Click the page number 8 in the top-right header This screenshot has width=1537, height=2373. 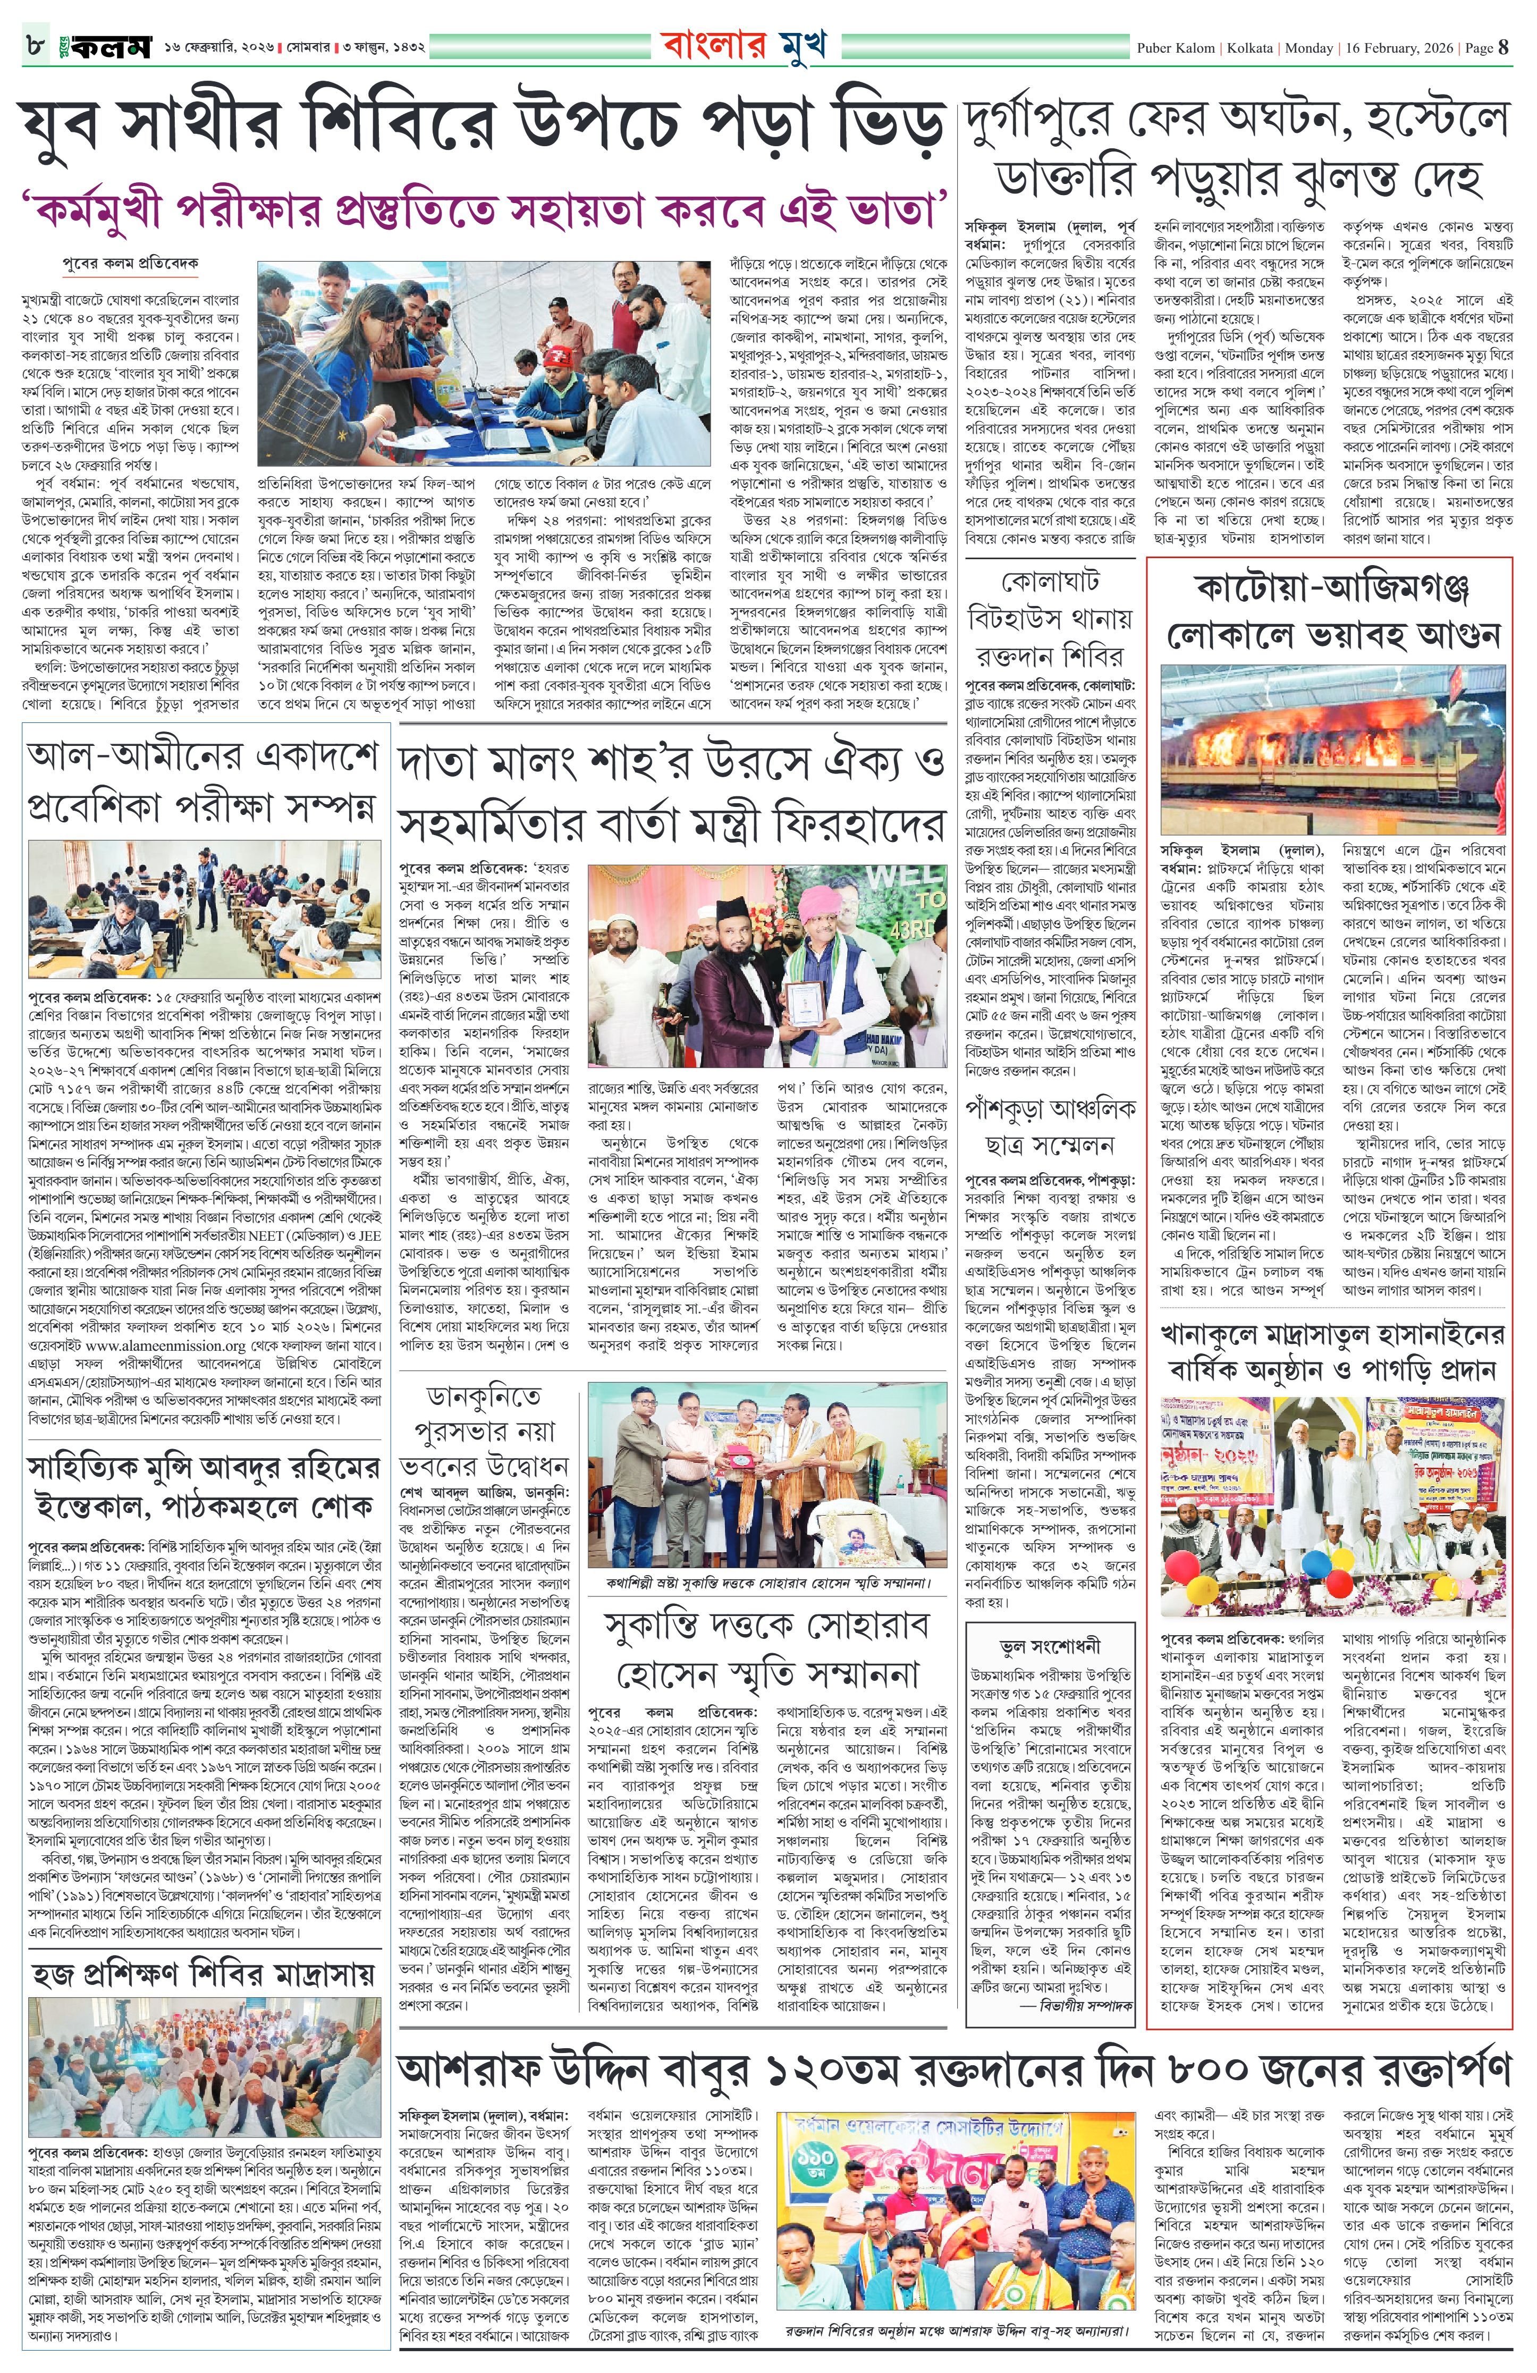tap(1503, 47)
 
